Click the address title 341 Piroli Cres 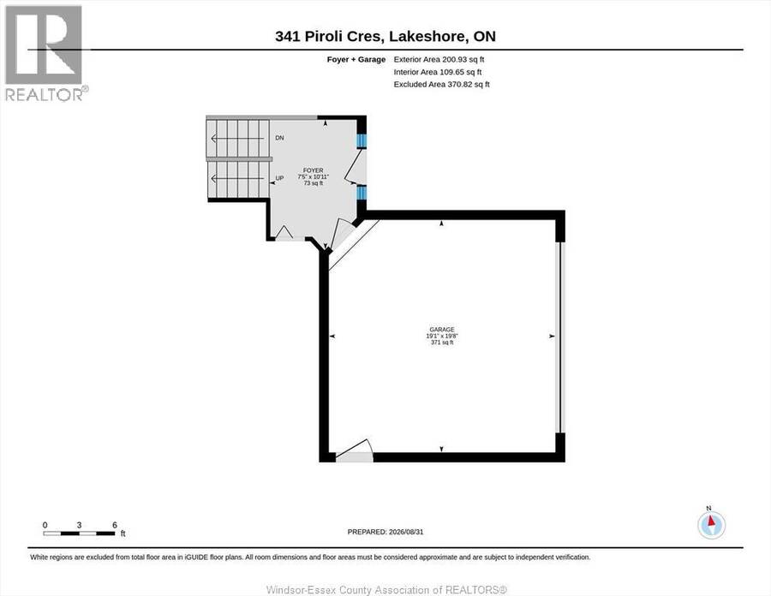pos(328,36)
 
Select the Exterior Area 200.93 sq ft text pos(439,59)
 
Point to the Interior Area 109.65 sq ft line pos(438,72)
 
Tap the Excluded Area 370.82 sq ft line pos(441,85)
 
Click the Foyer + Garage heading pos(356,59)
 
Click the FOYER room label pos(314,170)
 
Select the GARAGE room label pos(441,330)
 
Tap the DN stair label pos(279,138)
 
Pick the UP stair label pos(279,178)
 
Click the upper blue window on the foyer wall pos(362,141)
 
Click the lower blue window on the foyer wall pos(362,193)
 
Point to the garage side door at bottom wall pos(354,451)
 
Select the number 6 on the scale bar pos(115,525)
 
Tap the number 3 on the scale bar pos(79,525)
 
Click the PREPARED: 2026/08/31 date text pos(385,532)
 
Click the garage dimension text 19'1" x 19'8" pos(441,336)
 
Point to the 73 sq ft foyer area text pos(314,183)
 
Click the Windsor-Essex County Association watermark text pos(386,590)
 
